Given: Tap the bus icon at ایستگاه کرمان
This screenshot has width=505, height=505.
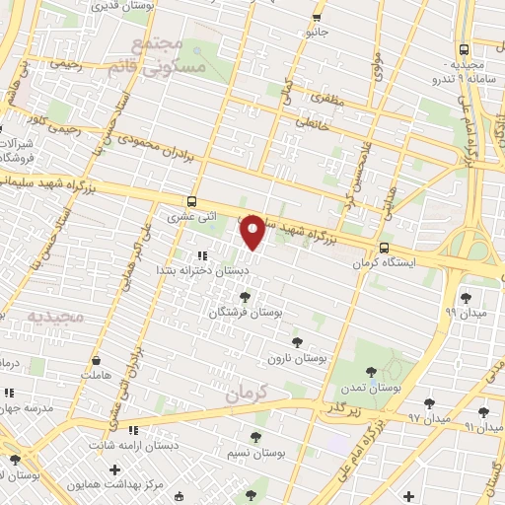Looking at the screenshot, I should tap(384, 249).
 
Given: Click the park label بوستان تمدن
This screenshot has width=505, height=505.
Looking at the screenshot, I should tap(371, 389).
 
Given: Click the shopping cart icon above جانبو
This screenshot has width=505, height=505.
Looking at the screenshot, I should tap(316, 18).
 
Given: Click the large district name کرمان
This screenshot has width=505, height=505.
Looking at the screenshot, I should tap(246, 392).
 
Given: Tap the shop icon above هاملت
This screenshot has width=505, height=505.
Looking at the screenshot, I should tap(96, 361).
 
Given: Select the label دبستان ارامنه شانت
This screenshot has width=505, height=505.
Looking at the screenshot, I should tap(181, 445).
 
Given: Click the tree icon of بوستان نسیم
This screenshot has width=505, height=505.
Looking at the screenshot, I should tap(255, 437).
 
